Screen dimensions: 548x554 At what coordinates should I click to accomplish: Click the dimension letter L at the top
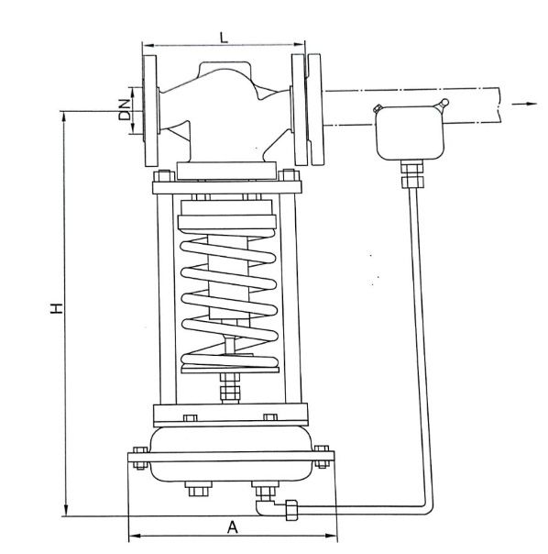click(224, 37)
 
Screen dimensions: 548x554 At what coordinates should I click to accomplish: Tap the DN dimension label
click(125, 109)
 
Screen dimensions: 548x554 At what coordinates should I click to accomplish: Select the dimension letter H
click(57, 308)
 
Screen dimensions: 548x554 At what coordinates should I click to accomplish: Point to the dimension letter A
click(233, 527)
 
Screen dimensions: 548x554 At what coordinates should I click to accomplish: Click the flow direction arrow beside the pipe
click(524, 104)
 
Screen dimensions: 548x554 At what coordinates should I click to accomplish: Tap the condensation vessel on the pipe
click(410, 133)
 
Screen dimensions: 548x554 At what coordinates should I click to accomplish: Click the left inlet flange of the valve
click(150, 110)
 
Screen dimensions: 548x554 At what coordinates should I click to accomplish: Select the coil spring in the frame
click(229, 300)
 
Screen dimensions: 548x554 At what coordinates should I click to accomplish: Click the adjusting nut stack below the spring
click(230, 388)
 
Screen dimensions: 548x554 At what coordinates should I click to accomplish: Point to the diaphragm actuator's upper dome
click(231, 439)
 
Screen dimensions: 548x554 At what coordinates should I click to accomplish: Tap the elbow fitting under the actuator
click(266, 506)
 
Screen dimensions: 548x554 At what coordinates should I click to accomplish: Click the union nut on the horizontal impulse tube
click(291, 509)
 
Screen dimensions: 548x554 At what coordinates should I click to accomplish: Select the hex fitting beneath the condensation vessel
click(412, 174)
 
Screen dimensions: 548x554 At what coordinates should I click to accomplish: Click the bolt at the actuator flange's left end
click(140, 458)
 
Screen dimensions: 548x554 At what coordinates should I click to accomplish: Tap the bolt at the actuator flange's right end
click(322, 457)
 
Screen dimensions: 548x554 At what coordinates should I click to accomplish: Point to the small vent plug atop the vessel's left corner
click(378, 108)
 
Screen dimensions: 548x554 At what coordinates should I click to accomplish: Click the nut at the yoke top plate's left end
click(164, 176)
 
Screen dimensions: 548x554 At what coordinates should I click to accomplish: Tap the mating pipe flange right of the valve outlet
click(315, 109)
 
